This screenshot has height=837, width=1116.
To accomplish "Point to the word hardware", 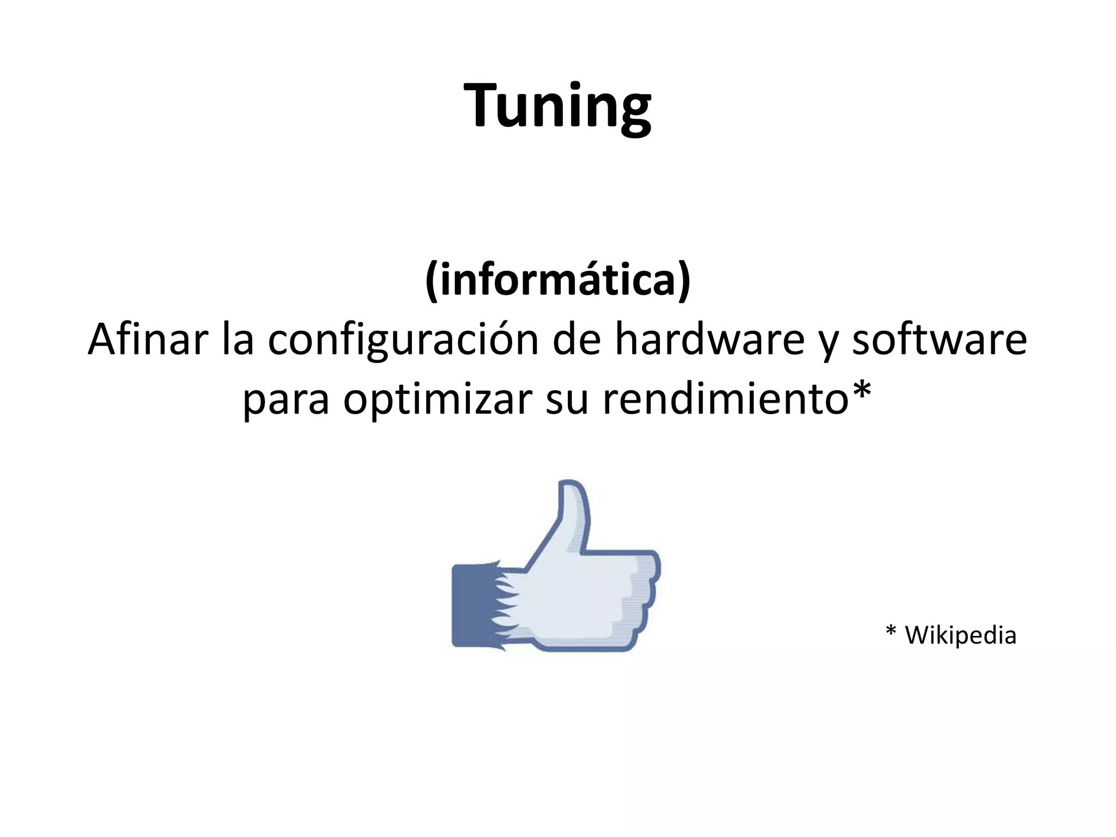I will coord(709,339).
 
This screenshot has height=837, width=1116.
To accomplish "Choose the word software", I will coord(939,339).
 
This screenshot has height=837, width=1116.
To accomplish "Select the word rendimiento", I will coord(725,399).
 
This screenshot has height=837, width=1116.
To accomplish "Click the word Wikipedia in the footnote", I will coord(960,635).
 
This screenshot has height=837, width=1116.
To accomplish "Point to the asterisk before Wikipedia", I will coord(891,632).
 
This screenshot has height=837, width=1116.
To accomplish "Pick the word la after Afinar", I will coord(238,339).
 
